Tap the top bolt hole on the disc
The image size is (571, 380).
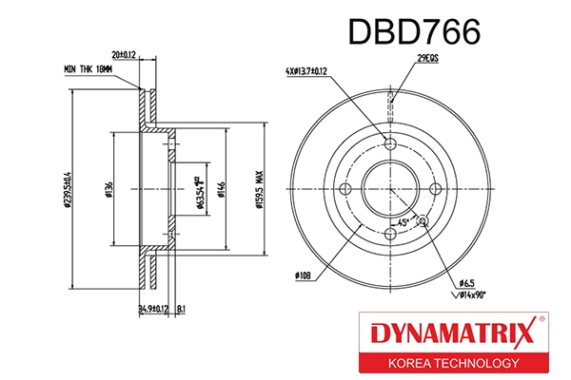pos(390,142)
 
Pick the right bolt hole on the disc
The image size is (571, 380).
pos(435,187)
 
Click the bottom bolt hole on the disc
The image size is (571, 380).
pos(390,232)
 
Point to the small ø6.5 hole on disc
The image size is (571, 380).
pos(423,221)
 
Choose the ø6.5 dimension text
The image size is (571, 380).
pos(466,282)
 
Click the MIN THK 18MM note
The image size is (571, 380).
pos(88,70)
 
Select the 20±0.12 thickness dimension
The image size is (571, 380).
pos(125,54)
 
